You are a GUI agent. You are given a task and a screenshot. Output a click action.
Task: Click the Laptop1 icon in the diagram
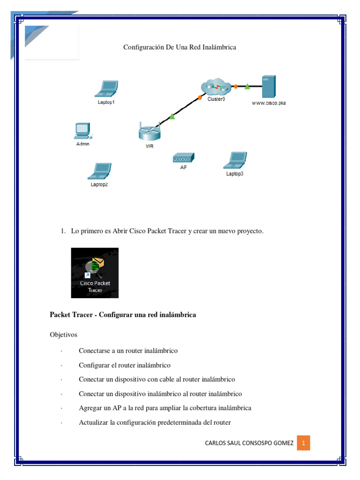click(106, 89)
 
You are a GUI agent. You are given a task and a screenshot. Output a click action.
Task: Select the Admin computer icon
click(82, 131)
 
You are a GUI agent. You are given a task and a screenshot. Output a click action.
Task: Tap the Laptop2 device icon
click(99, 171)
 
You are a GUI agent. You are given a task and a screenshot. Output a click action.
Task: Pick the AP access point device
click(183, 158)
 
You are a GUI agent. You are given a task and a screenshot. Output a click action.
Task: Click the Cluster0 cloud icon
click(216, 86)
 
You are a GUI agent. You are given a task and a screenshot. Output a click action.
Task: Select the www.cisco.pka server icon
click(269, 87)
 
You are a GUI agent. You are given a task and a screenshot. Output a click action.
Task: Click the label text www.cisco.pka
click(269, 103)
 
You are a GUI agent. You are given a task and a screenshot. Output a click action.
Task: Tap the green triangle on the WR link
click(172, 116)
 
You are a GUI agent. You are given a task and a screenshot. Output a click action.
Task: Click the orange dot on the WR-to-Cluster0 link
click(200, 98)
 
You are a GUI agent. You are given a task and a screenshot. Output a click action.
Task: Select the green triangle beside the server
click(247, 86)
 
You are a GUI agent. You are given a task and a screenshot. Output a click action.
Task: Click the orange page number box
click(303, 443)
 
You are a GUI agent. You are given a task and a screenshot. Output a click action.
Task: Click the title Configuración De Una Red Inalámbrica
click(180, 47)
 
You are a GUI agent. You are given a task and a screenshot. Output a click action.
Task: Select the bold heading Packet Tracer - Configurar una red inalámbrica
click(123, 315)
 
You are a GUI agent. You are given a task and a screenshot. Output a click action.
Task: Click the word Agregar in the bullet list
click(90, 408)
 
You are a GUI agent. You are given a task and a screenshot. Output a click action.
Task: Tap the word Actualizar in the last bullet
click(93, 422)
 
